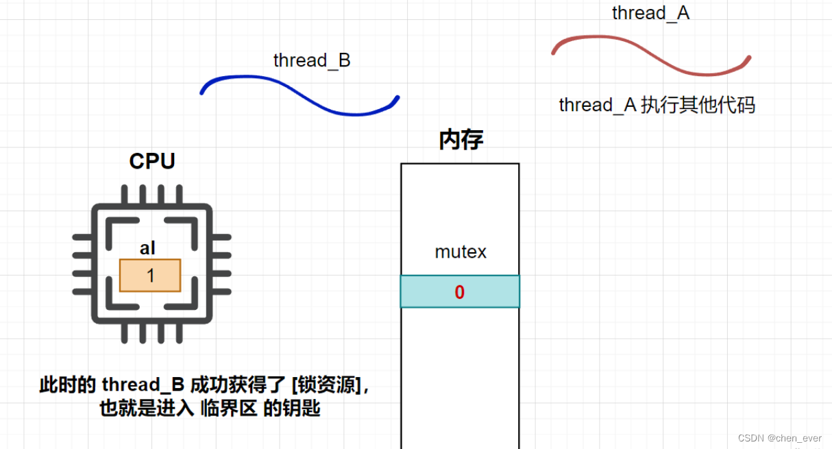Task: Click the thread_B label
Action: click(x=312, y=60)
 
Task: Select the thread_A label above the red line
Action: click(x=650, y=12)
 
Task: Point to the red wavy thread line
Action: click(x=651, y=55)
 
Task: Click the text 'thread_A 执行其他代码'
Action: click(x=657, y=105)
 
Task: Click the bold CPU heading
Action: click(x=152, y=161)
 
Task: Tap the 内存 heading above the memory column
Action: click(x=461, y=140)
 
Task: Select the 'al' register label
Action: click(x=147, y=248)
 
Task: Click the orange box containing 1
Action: click(x=150, y=276)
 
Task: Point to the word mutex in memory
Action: click(x=461, y=252)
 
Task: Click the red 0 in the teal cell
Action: click(x=460, y=292)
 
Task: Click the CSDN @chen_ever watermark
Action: click(x=779, y=438)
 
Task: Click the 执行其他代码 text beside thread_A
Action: click(x=698, y=105)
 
